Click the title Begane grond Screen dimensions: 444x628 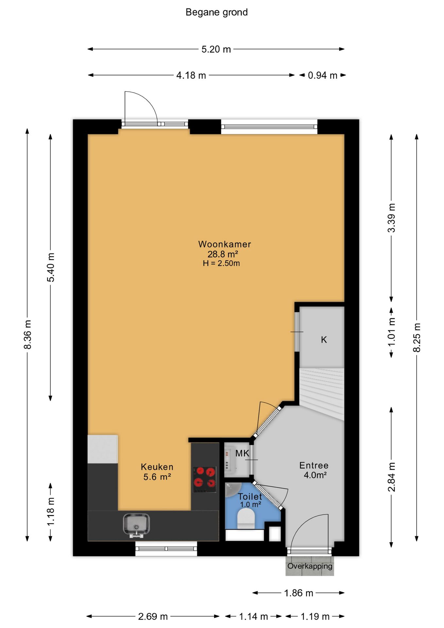click(216, 12)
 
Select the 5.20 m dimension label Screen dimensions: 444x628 click(216, 49)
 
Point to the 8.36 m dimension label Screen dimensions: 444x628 click(28, 335)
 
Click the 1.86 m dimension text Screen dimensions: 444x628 click(299, 593)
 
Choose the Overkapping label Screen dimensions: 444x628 click(310, 566)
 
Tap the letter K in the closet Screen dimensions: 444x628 click(324, 340)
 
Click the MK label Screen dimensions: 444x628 click(242, 453)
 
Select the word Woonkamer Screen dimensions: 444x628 click(225, 244)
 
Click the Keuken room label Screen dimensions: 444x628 click(157, 467)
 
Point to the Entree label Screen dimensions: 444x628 click(314, 465)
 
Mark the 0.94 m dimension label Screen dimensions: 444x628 click(322, 76)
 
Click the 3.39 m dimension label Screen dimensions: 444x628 click(391, 218)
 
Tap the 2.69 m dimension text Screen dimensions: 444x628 click(153, 617)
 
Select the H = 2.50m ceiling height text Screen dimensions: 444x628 click(221, 263)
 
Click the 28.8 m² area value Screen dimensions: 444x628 click(223, 254)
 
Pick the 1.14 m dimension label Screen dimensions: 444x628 click(253, 617)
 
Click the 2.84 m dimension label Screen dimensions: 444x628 click(391, 477)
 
